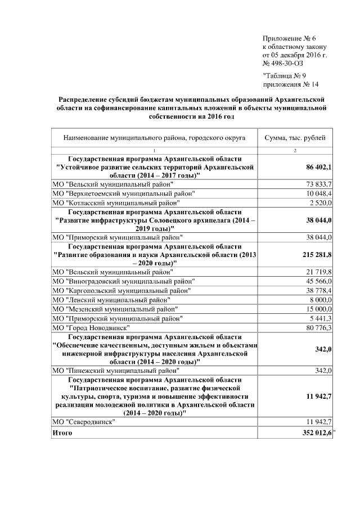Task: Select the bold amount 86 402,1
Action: tap(319, 168)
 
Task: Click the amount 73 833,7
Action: tap(319, 184)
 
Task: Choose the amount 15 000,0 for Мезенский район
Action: tap(319, 309)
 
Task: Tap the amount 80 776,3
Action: tap(319, 327)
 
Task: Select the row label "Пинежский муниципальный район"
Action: tap(116, 371)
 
